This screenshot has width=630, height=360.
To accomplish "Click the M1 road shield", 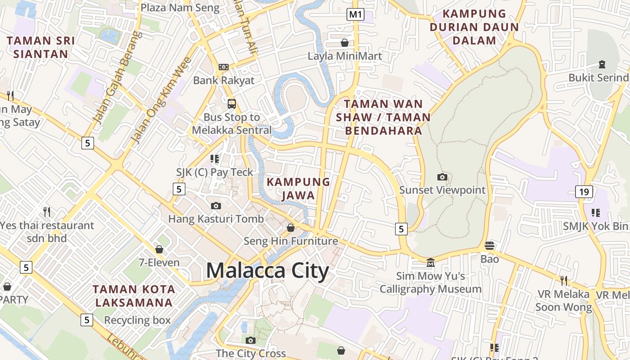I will pyautogui.click(x=355, y=14).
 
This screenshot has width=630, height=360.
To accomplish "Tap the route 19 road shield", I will pyautogui.click(x=584, y=192).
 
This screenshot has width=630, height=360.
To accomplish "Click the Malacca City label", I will pyautogui.click(x=267, y=271).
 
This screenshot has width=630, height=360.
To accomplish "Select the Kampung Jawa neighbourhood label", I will pyautogui.click(x=298, y=189).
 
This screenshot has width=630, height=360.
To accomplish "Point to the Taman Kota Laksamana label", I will pyautogui.click(x=134, y=296).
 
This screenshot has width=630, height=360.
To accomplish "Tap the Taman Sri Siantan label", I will pyautogui.click(x=40, y=47).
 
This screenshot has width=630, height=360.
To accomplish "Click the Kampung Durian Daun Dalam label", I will pyautogui.click(x=474, y=27).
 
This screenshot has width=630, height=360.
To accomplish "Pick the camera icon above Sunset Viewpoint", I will pyautogui.click(x=442, y=177).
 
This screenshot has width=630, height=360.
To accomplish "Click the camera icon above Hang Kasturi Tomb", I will pyautogui.click(x=216, y=206).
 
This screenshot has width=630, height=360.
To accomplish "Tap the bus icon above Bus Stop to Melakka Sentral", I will pyautogui.click(x=232, y=104).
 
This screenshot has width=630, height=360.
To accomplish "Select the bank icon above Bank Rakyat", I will pyautogui.click(x=224, y=67).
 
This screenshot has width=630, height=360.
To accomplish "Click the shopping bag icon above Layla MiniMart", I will pyautogui.click(x=345, y=43).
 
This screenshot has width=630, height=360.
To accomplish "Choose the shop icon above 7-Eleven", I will pyautogui.click(x=159, y=249).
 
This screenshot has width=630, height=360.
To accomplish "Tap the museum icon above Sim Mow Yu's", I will pyautogui.click(x=431, y=262).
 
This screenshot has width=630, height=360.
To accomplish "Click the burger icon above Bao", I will pyautogui.click(x=490, y=246).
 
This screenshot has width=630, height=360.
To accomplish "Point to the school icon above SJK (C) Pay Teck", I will pyautogui.click(x=215, y=158).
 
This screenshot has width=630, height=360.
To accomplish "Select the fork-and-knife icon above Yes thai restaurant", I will pyautogui.click(x=47, y=211).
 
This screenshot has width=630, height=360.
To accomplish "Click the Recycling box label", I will pyautogui.click(x=137, y=320).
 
